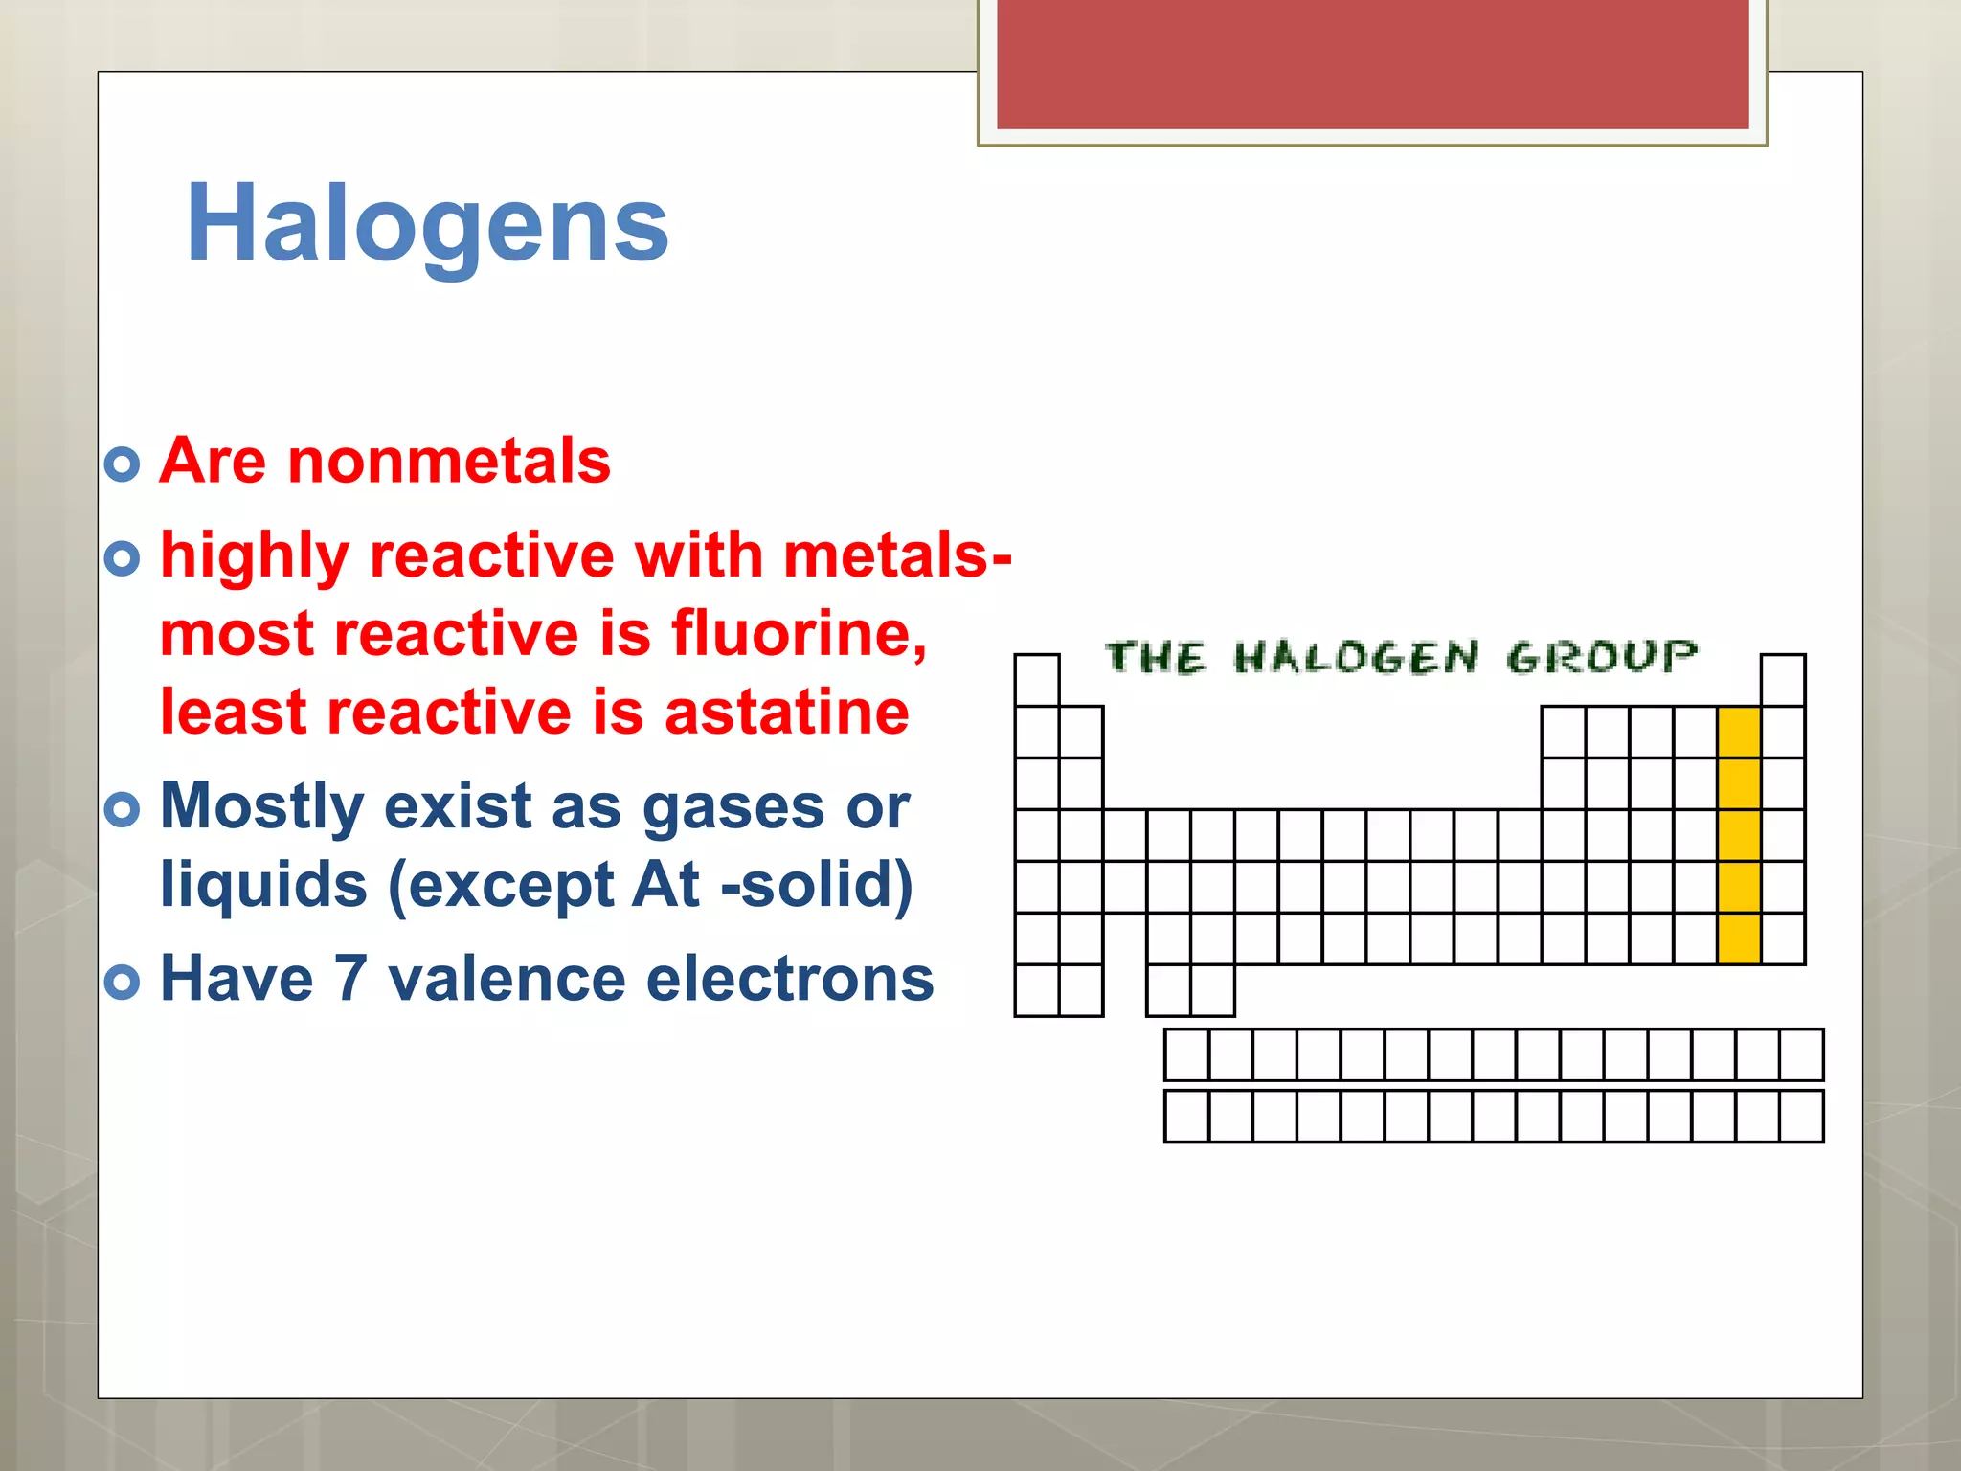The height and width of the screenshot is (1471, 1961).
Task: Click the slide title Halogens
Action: pos(427,224)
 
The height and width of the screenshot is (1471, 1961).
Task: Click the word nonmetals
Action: pos(449,462)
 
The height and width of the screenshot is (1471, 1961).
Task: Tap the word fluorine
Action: pos(799,634)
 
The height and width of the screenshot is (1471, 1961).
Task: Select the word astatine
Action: pos(786,713)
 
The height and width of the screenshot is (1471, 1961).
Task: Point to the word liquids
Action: pos(263,884)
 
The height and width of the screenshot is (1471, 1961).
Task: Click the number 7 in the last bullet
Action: pos(349,979)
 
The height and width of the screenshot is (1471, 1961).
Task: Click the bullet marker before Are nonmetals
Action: pos(123,464)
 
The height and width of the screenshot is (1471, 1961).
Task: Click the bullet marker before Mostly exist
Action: pos(123,810)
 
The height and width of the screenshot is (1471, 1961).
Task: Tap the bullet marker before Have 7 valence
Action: pos(123,983)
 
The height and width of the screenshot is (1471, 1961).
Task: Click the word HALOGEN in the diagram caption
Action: pos(1356,658)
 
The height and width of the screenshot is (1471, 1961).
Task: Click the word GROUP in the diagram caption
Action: pos(1601,658)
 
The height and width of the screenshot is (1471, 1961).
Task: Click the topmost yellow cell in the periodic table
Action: pos(1739,733)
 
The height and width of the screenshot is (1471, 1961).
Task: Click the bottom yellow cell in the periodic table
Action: pos(1739,939)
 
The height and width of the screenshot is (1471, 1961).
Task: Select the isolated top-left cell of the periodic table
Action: pos(1037,680)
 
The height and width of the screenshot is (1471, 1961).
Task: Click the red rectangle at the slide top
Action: pos(1372,63)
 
